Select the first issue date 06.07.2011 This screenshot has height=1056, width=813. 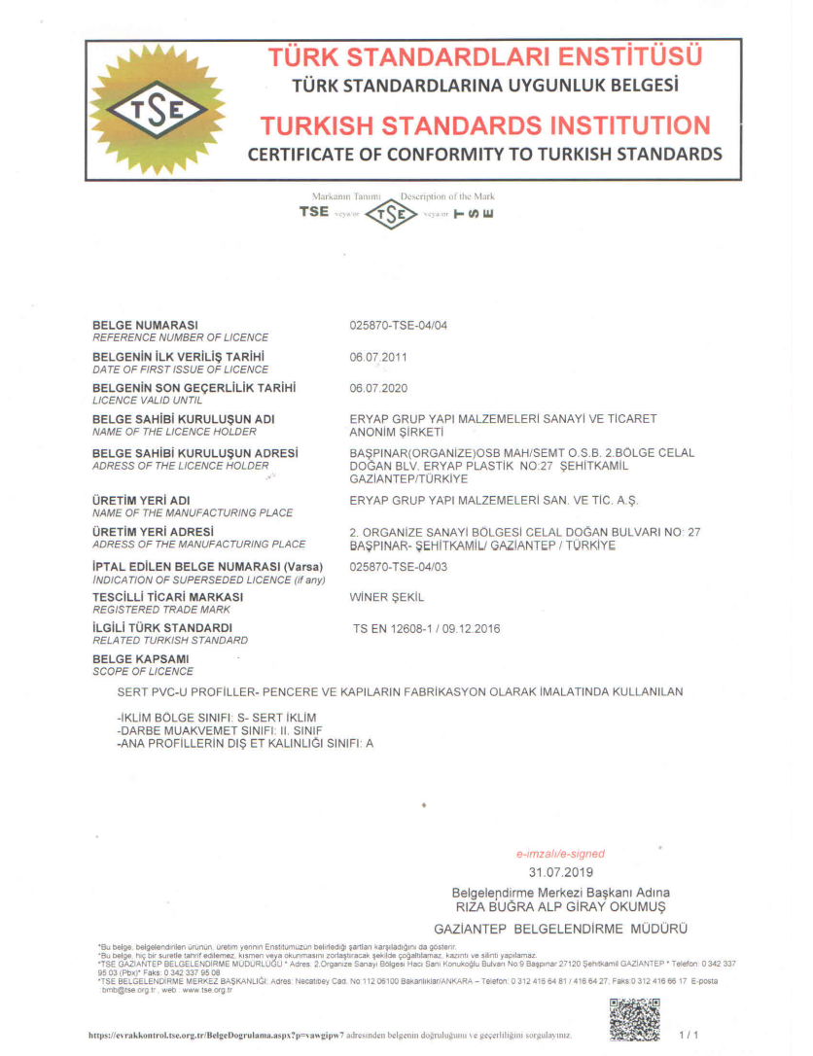click(378, 357)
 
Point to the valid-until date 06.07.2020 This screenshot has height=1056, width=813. click(378, 388)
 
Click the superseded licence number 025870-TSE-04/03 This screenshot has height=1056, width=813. click(398, 565)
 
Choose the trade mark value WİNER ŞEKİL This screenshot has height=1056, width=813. click(386, 596)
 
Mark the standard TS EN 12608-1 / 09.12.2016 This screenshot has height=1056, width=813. click(426, 628)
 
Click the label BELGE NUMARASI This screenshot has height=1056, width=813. click(145, 325)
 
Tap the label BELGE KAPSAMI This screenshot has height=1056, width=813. click(140, 659)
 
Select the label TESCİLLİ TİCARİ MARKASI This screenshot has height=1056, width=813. click(167, 596)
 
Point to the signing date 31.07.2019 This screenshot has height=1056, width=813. click(561, 872)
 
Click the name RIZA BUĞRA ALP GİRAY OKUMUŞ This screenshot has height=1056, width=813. click(561, 905)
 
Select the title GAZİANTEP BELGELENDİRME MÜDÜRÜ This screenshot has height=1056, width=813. click(561, 930)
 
